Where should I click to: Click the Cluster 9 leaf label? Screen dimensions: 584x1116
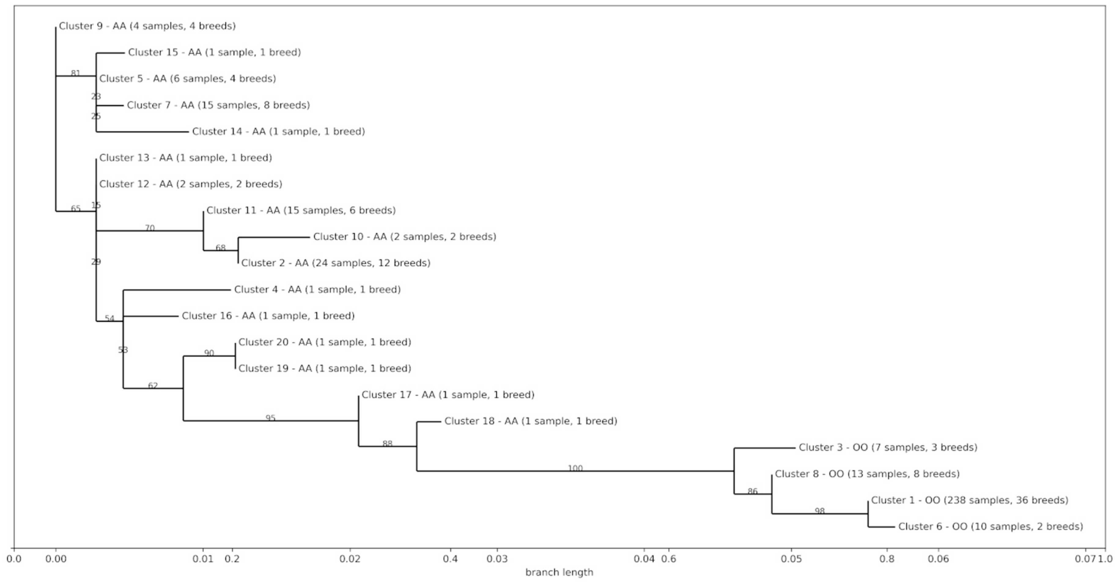[147, 26]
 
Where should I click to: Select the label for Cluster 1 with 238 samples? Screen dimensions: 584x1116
[970, 501]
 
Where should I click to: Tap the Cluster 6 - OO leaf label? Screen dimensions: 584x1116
[990, 527]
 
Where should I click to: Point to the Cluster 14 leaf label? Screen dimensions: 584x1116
[278, 131]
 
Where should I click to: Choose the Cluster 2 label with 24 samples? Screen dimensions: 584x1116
[336, 263]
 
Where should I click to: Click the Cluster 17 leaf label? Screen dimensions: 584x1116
[448, 395]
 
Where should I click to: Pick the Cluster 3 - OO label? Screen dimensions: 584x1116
[888, 448]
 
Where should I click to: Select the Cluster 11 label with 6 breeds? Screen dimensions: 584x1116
[301, 211]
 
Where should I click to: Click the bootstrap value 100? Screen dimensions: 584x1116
[575, 468]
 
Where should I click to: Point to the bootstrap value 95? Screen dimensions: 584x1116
[270, 418]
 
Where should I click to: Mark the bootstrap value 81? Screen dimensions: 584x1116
[76, 73]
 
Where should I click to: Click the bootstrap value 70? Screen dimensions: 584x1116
[149, 228]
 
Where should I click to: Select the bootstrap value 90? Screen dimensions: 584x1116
[209, 353]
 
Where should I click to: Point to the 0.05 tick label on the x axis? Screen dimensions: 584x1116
[791, 559]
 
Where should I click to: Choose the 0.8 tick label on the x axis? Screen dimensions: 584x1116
[887, 559]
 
